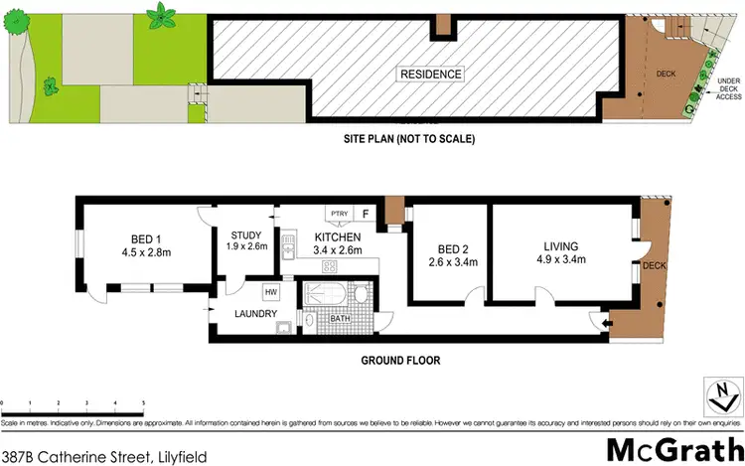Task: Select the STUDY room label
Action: click(x=245, y=234)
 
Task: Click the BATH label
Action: click(x=340, y=320)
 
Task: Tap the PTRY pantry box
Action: click(x=338, y=213)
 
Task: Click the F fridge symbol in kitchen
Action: click(x=365, y=213)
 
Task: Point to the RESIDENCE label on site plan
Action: click(x=430, y=75)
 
